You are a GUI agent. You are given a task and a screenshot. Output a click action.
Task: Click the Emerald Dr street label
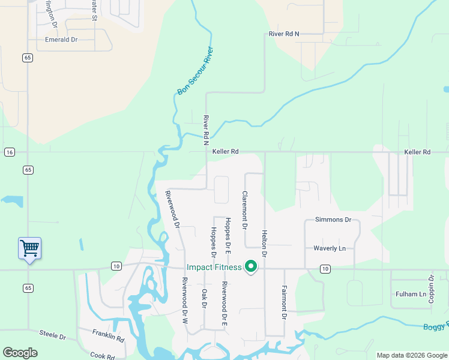pos(62,40)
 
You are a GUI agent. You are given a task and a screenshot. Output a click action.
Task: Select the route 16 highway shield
pos(9,152)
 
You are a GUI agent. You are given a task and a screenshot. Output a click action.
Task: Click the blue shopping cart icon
pos(29,248)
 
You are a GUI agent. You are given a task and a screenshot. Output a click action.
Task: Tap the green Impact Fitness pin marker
pos(251,267)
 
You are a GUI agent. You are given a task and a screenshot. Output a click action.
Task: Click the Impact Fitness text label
pos(214,267)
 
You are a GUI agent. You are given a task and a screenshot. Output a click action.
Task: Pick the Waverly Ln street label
pos(330,248)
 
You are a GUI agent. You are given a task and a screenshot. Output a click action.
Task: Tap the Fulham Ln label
pos(411,294)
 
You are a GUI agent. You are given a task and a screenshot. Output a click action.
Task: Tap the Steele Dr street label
pos(52,334)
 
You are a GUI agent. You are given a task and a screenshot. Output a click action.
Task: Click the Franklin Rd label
pos(109,335)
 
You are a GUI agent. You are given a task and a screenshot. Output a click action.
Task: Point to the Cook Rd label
pos(102,355)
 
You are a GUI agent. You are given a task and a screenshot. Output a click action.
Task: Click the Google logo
pos(20,353)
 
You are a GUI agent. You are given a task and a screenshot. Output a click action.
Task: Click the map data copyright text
pos(411,355)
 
